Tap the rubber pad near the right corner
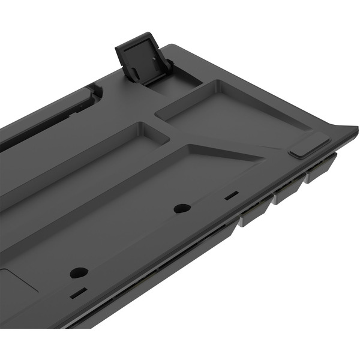(310, 147)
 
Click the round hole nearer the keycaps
(182, 209)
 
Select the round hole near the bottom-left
(79, 272)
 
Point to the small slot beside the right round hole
(232, 195)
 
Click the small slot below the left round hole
(78, 293)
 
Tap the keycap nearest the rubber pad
(321, 169)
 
